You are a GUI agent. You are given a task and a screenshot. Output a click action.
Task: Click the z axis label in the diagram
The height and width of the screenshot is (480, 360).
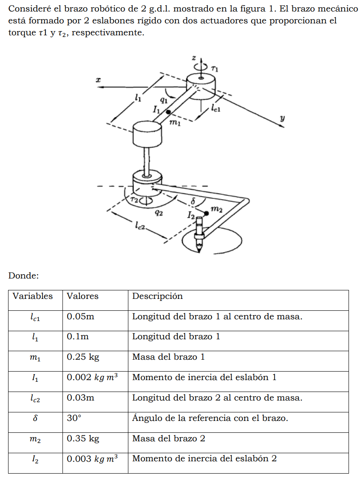[193, 58]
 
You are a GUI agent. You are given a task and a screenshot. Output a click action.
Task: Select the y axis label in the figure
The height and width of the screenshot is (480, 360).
[282, 119]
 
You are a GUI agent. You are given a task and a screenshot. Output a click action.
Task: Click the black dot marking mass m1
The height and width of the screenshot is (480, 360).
[169, 112]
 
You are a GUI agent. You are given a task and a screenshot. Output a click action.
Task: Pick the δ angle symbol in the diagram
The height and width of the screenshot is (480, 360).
[193, 201]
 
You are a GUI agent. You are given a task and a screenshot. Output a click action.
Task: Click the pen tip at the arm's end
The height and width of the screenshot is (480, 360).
[198, 247]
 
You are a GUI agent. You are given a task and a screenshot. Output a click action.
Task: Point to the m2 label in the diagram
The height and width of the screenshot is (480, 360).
[216, 209]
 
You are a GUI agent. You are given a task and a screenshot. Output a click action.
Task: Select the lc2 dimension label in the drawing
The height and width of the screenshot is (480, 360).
[140, 226]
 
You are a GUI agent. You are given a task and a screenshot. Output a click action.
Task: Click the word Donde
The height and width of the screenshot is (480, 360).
[23, 276]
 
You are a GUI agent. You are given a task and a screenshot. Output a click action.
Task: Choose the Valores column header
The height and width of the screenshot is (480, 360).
[82, 296]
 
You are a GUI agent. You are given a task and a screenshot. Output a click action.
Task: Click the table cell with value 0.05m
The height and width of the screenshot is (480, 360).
[80, 316]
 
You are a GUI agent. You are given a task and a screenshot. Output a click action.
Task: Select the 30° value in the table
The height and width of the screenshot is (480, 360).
[74, 418]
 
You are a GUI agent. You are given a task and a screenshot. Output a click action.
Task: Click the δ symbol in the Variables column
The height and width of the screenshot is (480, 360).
[35, 418]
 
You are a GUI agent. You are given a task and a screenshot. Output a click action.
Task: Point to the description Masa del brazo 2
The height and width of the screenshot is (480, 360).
[168, 438]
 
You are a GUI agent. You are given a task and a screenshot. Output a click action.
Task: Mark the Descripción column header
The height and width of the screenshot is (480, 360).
[157, 296]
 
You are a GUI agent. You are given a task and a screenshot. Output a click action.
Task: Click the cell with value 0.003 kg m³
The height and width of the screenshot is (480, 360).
[92, 459]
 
